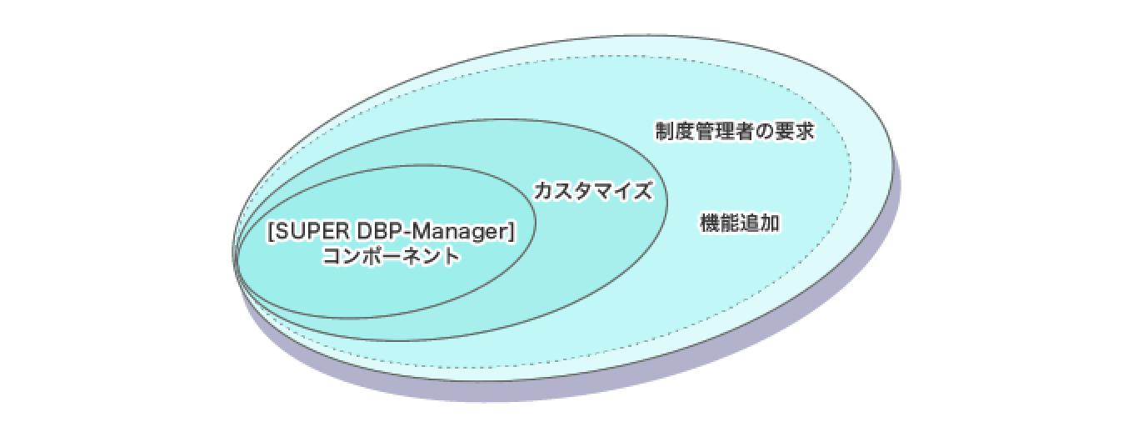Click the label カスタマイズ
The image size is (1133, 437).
593,191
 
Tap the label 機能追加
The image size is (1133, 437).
740,223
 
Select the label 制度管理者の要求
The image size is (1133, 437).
735,131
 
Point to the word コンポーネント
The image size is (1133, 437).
391,255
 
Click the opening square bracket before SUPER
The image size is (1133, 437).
271,232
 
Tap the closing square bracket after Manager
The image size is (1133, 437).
511,232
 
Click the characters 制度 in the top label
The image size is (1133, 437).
675,131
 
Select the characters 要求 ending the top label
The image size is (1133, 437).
795,131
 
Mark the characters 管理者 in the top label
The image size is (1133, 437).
725,131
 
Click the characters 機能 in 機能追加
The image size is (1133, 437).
719,223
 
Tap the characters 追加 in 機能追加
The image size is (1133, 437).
760,223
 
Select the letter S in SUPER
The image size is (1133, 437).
282,231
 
